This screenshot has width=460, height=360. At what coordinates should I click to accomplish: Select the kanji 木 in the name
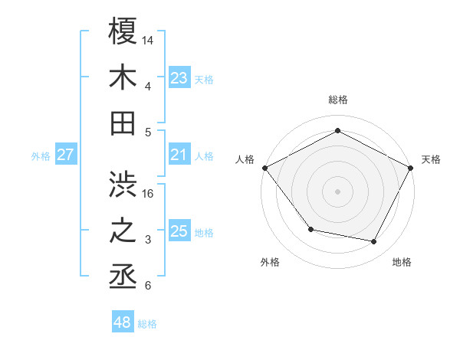[x=123, y=77]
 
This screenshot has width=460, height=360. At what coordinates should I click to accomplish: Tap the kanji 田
[x=123, y=123]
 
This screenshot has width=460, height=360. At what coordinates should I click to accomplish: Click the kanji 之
[x=123, y=231]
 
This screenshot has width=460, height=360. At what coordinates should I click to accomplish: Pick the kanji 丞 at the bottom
[x=123, y=277]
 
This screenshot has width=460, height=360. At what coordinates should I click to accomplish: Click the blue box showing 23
[x=179, y=78]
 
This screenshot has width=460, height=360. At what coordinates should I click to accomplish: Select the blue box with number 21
[x=179, y=155]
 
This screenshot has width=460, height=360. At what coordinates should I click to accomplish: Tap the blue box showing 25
[x=179, y=232]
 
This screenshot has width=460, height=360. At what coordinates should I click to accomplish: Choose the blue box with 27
[x=65, y=155]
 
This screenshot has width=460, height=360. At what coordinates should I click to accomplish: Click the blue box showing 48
[x=123, y=322]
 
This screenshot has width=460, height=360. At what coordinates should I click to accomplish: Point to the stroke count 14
[x=148, y=38]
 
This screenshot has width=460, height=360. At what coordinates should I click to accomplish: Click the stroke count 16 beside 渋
[x=148, y=193]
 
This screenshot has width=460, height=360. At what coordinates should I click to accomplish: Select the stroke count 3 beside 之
[x=148, y=240]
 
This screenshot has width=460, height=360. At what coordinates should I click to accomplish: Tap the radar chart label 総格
[x=337, y=100]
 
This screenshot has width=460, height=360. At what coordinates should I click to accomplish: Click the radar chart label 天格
[x=431, y=159]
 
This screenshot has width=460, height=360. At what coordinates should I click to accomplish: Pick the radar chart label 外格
[x=270, y=262]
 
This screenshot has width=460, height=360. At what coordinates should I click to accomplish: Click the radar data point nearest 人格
[x=264, y=167]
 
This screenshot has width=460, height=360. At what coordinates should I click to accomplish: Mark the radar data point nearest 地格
[x=374, y=242]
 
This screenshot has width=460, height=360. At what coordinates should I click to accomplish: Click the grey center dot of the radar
[x=337, y=191]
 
